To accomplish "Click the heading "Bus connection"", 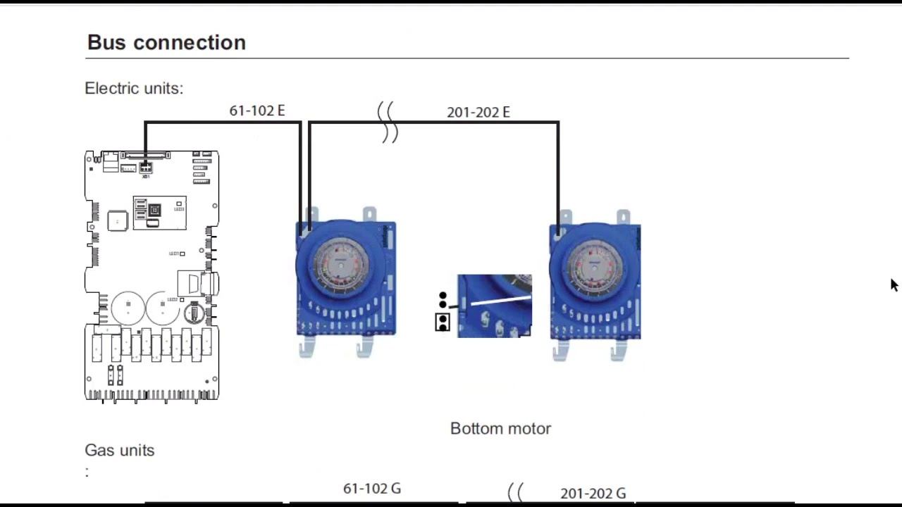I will pos(166,42).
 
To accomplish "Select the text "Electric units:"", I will pos(134,89).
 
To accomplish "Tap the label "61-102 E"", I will pos(257,111).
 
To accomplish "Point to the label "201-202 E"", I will pos(478,112).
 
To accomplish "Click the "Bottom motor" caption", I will pos(500,428).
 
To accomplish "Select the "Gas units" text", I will pos(119,450).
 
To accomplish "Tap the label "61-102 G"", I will pos(371,489).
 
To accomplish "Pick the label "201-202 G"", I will pos(593,494).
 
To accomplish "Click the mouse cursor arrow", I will pos(894,284).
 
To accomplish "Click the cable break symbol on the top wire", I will pos(388,122).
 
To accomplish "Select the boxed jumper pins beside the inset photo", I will pos(443,323).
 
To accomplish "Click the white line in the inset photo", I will pos(500,301).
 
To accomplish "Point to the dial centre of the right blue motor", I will pos(595,266).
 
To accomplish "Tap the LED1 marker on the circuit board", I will pos(182,254).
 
